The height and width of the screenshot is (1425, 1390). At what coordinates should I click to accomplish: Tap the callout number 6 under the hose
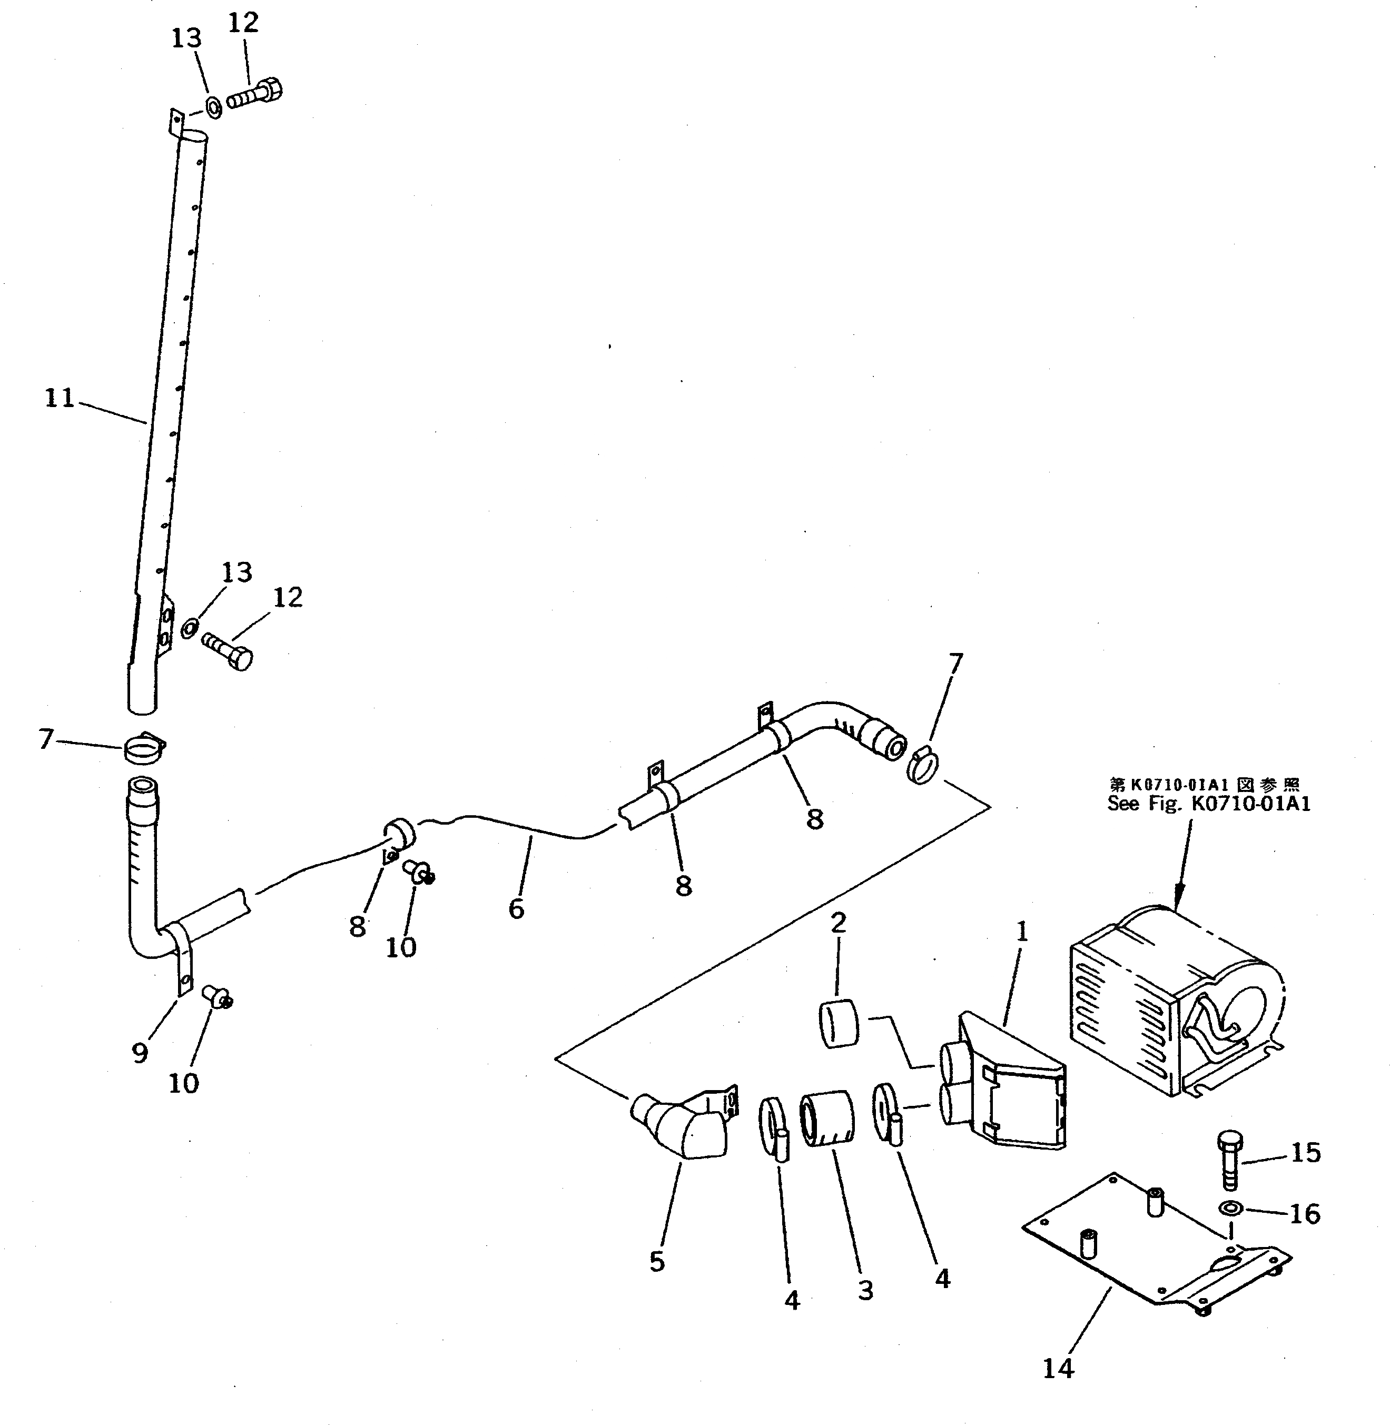coord(516,909)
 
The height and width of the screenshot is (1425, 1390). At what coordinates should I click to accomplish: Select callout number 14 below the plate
coord(1058,1369)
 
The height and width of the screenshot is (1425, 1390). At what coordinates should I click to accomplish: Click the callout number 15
coord(1306,1153)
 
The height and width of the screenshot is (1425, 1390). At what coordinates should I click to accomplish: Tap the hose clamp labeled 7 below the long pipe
coord(144,748)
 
